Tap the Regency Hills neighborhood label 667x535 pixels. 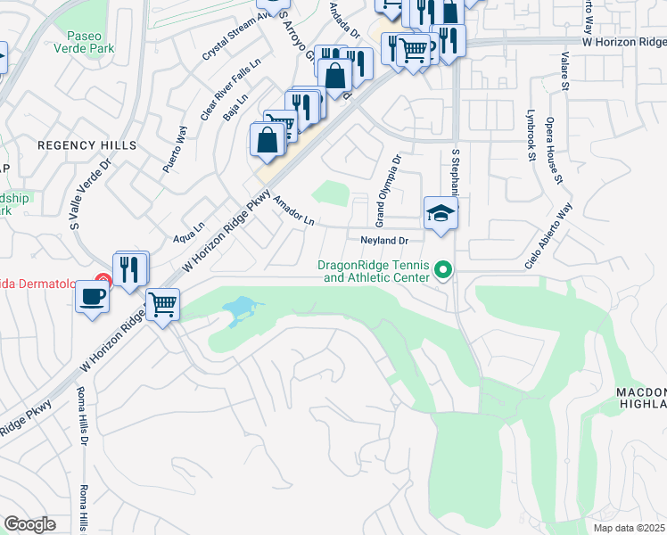[86, 144]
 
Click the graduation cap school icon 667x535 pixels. [441, 213]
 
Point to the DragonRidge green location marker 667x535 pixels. [443, 268]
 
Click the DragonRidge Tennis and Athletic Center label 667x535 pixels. [375, 271]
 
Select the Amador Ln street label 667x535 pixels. [294, 211]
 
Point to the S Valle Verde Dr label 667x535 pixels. [91, 194]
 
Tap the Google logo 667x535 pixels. [29, 524]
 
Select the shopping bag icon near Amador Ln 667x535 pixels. [268, 139]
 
